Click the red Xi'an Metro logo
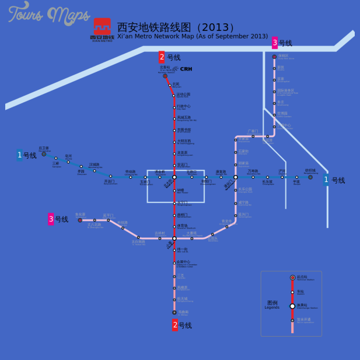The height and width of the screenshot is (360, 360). point(102,27)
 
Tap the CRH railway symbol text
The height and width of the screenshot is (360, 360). point(186,69)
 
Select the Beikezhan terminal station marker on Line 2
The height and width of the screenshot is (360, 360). point(165,76)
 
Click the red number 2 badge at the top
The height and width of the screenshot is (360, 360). point(162,57)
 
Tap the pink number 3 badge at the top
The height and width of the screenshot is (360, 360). point(275,43)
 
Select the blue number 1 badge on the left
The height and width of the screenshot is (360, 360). point(19,155)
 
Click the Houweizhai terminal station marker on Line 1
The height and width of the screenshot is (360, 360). point(44,154)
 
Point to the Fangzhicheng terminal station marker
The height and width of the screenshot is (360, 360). point(310,177)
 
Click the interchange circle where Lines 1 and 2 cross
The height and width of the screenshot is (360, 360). point(174,177)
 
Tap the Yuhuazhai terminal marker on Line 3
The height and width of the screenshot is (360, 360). point(80,220)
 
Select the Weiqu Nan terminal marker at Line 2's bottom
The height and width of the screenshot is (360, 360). point(174,312)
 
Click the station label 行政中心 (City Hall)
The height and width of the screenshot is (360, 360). point(184,106)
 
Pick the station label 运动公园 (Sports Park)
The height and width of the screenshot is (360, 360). point(184,95)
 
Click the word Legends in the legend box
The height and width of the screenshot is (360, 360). point(272,307)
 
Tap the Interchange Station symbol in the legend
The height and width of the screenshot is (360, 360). point(292,306)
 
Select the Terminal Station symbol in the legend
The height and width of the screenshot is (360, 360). point(292,278)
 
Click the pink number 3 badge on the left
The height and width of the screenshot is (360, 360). point(51,219)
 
